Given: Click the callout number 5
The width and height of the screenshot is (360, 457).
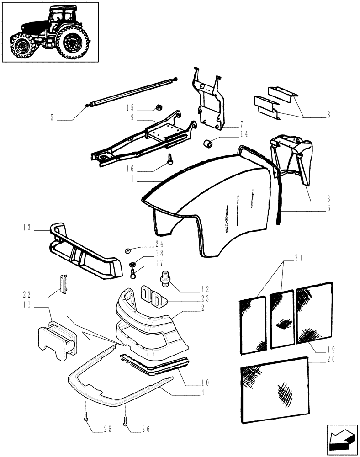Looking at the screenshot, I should pyautogui.click(x=52, y=118).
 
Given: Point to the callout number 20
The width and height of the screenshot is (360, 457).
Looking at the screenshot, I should pyautogui.click(x=331, y=360).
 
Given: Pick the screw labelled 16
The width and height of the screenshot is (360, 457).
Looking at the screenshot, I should pyautogui.click(x=170, y=159).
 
